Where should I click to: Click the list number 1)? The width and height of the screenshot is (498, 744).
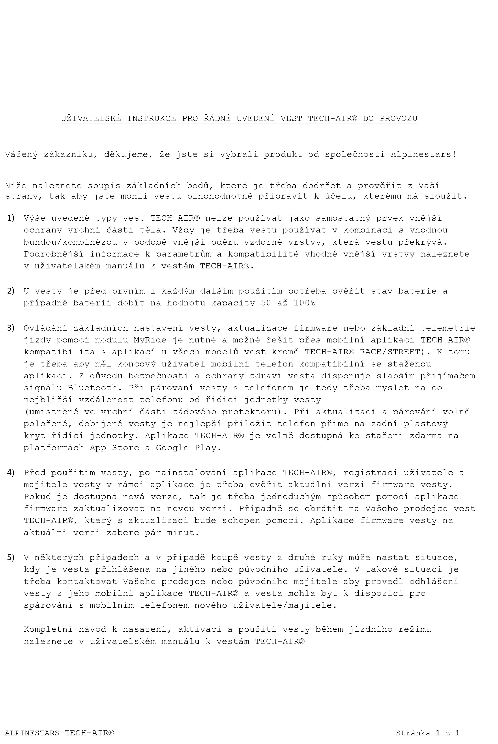click(11, 218)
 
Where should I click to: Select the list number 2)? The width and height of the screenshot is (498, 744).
click(11, 291)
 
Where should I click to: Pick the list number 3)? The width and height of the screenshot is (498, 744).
click(11, 328)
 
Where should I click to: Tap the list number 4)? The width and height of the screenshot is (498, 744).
click(11, 472)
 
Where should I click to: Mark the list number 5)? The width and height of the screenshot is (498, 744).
click(11, 557)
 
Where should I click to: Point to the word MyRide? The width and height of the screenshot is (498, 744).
click(150, 340)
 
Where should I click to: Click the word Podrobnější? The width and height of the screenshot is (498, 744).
click(54, 254)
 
